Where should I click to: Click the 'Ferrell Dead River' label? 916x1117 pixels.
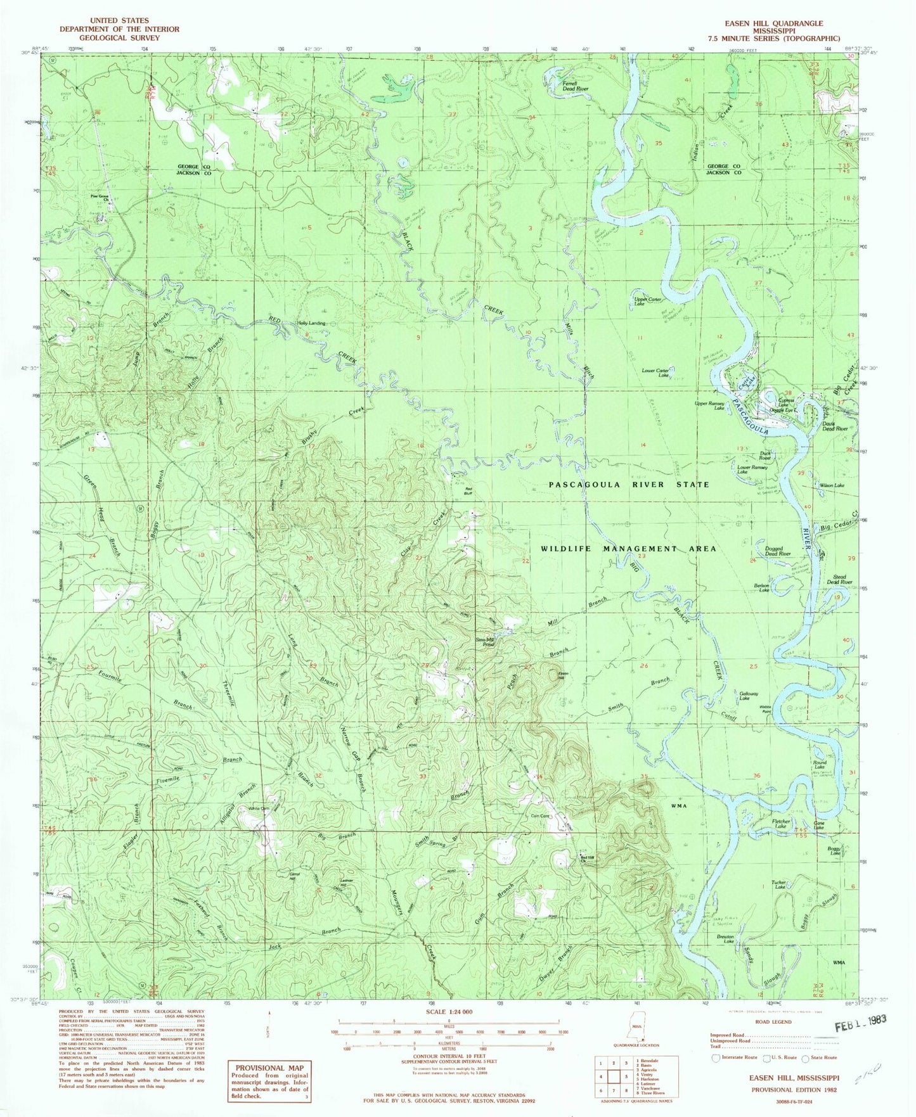coord(576,86)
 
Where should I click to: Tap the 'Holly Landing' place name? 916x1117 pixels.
coord(311,322)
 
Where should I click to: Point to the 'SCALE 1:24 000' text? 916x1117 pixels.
coord(448,1012)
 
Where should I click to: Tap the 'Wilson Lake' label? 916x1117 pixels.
coord(832,485)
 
